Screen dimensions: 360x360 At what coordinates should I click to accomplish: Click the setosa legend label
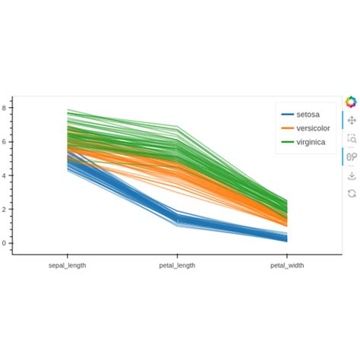click(308, 114)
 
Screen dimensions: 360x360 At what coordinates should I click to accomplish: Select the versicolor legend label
click(313, 128)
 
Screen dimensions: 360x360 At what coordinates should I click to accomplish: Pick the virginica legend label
click(311, 142)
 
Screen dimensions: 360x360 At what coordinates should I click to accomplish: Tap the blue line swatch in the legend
click(288, 114)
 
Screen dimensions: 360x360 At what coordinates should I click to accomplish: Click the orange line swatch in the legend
click(288, 128)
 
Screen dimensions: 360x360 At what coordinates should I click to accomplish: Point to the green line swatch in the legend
click(288, 142)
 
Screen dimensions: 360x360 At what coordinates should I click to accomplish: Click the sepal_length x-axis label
click(67, 266)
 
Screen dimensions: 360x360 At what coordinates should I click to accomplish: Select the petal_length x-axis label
click(177, 266)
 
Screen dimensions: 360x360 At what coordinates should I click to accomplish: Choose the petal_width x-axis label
click(289, 266)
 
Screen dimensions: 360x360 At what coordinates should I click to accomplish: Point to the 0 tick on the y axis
click(5, 243)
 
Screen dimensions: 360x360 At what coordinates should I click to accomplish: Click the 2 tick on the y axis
click(5, 210)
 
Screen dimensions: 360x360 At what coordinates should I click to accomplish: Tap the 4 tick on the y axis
click(5, 175)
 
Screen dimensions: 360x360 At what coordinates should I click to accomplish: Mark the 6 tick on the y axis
click(5, 142)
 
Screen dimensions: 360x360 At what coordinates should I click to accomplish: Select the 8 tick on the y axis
click(5, 109)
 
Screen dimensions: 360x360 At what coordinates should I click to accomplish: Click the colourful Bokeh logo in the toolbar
click(351, 102)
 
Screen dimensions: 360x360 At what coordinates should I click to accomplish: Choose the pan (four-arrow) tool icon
click(351, 120)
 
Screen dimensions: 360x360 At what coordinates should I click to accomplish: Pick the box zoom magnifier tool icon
click(351, 138)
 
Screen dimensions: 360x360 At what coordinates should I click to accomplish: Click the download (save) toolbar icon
click(351, 175)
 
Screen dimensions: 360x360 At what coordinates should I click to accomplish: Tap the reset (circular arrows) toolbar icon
click(351, 194)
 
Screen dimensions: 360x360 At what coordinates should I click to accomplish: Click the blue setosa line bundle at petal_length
click(177, 219)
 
